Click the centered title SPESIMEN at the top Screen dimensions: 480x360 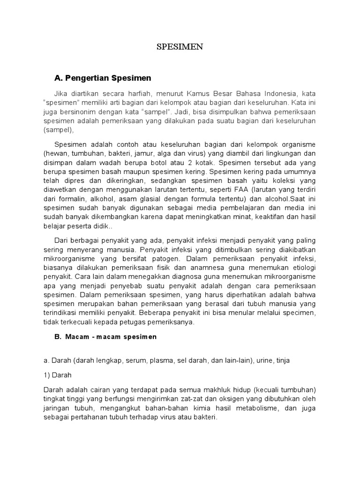[180, 47]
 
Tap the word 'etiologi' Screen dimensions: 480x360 [302, 267]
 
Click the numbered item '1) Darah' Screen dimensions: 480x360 [57, 376]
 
